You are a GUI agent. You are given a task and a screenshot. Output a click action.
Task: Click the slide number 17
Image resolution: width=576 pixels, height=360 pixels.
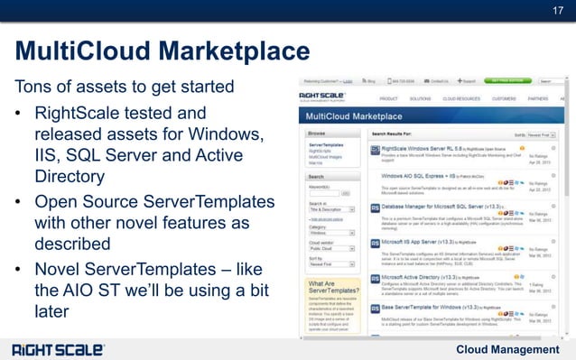pyautogui.click(x=557, y=11)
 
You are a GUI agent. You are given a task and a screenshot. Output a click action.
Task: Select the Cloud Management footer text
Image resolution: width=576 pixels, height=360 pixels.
pyautogui.click(x=507, y=349)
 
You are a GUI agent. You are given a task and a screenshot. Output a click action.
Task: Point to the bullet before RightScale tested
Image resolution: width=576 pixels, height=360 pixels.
pyautogui.click(x=20, y=115)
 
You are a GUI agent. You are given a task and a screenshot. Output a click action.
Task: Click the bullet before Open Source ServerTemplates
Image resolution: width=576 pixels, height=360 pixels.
pyautogui.click(x=20, y=199)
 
